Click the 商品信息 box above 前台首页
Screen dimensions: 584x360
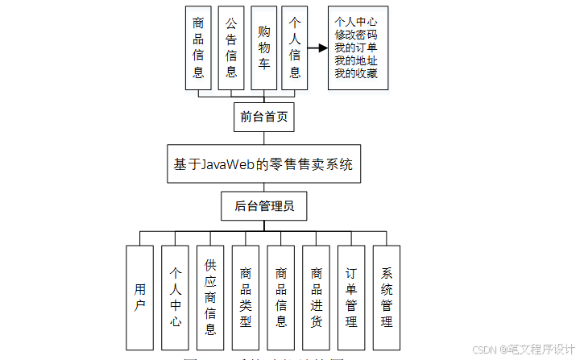coord(198,48)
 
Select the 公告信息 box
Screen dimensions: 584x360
coord(231,48)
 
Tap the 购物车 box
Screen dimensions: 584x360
coord(263,48)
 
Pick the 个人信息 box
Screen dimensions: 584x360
coord(295,48)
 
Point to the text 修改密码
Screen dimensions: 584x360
coord(356,35)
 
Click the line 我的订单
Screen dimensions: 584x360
coord(356,48)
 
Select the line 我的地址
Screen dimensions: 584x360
coord(356,61)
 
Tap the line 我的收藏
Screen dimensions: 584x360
coord(356,74)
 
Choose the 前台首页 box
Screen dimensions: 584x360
coord(263,117)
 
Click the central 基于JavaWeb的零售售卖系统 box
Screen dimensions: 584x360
coord(263,164)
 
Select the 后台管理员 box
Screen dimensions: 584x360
coord(263,206)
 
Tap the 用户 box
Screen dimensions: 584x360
coord(139,296)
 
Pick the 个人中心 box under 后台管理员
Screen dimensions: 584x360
coord(175,296)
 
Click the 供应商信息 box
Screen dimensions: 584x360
coord(210,296)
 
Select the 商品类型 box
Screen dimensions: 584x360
coord(246,296)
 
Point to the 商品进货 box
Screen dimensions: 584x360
coord(317,296)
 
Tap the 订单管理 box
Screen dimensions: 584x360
coord(351,296)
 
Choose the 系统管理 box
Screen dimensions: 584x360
coord(387,296)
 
